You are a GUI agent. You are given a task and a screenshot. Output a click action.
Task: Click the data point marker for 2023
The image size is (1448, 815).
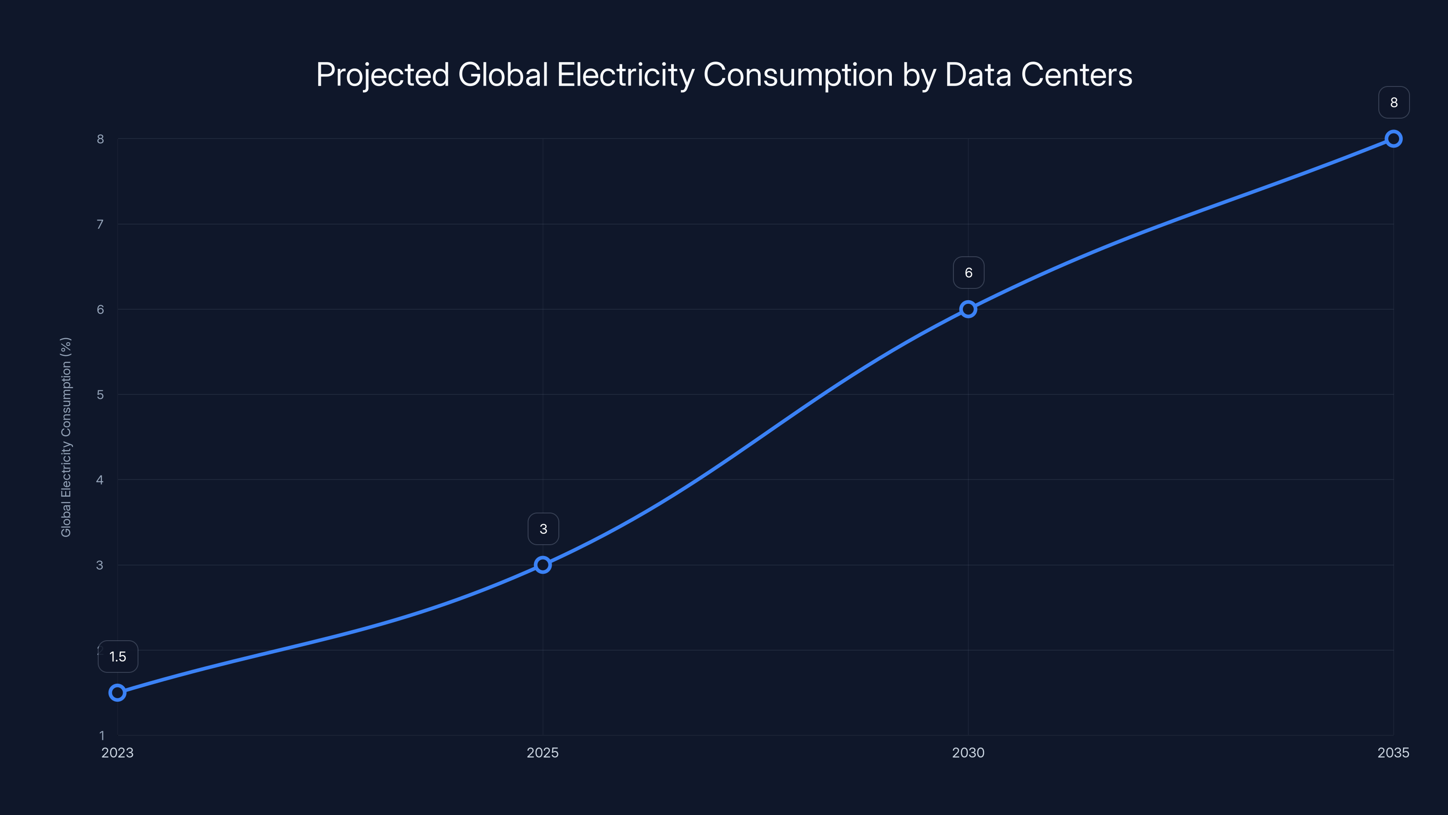pos(118,692)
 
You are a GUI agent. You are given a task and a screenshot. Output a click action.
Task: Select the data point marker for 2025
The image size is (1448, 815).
pos(543,565)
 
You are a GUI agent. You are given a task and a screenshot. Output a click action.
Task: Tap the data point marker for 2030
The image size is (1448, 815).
pos(968,309)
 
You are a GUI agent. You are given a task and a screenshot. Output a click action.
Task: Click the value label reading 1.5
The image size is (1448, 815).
pos(118,657)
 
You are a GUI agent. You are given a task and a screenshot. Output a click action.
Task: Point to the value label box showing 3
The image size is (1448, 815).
pos(543,529)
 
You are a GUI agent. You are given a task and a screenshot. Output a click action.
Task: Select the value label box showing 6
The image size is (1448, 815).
pos(968,273)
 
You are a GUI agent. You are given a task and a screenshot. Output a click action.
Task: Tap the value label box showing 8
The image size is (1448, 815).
pos(1394,102)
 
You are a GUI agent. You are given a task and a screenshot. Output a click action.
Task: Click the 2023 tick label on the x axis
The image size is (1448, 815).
pos(118,753)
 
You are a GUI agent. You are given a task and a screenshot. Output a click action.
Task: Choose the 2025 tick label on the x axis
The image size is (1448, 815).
pos(543,753)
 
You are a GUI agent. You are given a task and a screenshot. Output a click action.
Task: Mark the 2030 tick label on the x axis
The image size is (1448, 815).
pos(968,753)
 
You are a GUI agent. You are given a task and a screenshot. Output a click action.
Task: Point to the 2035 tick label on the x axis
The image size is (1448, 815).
pos(1393,753)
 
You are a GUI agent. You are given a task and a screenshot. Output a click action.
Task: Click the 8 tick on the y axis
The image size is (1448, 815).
pos(100,139)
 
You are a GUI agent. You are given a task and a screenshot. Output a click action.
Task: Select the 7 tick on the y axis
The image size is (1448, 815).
pos(100,225)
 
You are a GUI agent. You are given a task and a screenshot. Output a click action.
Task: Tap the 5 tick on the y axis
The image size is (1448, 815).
pos(100,395)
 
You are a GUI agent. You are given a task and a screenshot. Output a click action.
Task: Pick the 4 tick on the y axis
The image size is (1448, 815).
pos(100,480)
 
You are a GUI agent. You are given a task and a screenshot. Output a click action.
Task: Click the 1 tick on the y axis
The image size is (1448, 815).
pos(102,735)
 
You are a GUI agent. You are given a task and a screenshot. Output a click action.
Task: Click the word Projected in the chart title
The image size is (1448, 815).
pos(382,75)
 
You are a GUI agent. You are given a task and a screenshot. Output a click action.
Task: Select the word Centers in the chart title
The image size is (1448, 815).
pos(1076,75)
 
